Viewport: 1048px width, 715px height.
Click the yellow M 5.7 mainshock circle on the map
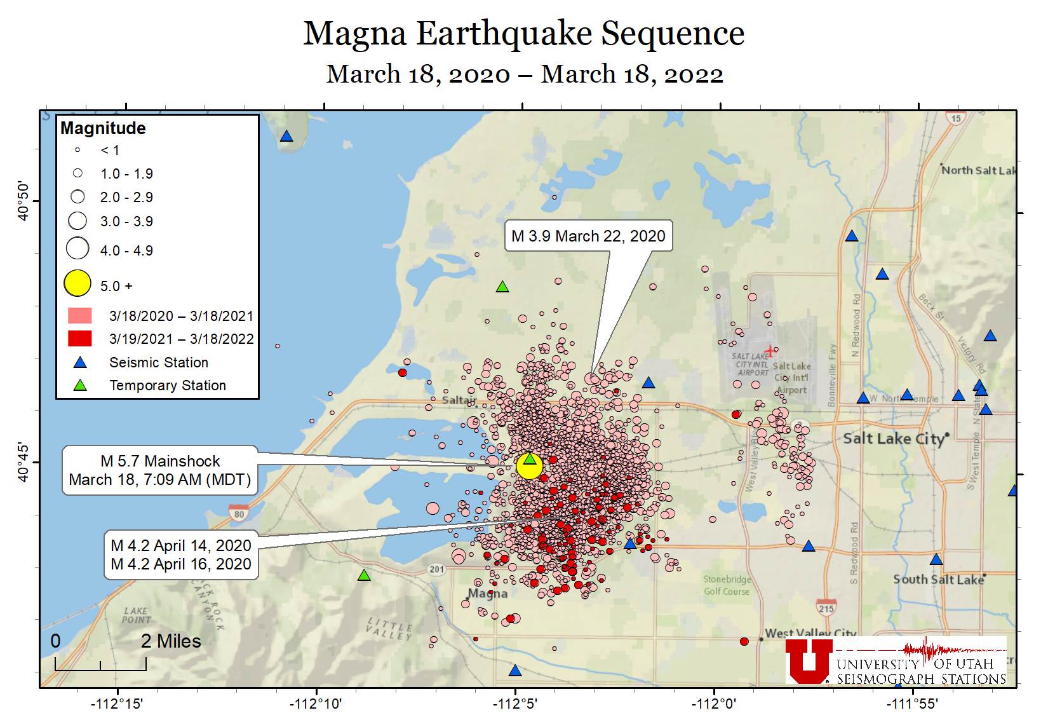click(528, 466)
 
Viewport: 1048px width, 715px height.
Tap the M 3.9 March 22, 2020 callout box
click(588, 236)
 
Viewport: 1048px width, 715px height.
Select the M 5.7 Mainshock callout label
click(160, 470)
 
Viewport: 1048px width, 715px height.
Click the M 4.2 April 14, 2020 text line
click(181, 546)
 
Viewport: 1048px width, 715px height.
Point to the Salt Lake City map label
click(893, 439)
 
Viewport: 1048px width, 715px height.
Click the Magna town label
click(487, 594)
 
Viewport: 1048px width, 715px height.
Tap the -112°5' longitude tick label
click(515, 704)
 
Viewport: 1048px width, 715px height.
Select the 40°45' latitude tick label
click(24, 462)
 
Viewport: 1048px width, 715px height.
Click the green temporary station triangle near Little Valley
click(364, 575)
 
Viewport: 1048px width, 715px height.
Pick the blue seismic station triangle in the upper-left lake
click(286, 137)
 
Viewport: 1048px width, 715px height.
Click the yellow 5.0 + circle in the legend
click(77, 283)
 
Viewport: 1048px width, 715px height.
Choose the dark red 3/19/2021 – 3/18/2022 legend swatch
click(80, 339)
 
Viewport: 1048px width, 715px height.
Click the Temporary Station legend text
click(168, 386)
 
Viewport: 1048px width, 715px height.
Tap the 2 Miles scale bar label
click(171, 641)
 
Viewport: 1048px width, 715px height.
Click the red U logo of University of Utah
click(809, 661)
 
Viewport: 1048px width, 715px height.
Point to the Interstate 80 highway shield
click(239, 514)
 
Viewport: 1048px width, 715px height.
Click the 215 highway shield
click(826, 608)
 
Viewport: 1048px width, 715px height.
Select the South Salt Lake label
click(937, 580)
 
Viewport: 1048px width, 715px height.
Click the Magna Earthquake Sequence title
click(523, 34)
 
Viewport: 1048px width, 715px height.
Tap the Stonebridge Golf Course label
click(727, 585)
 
